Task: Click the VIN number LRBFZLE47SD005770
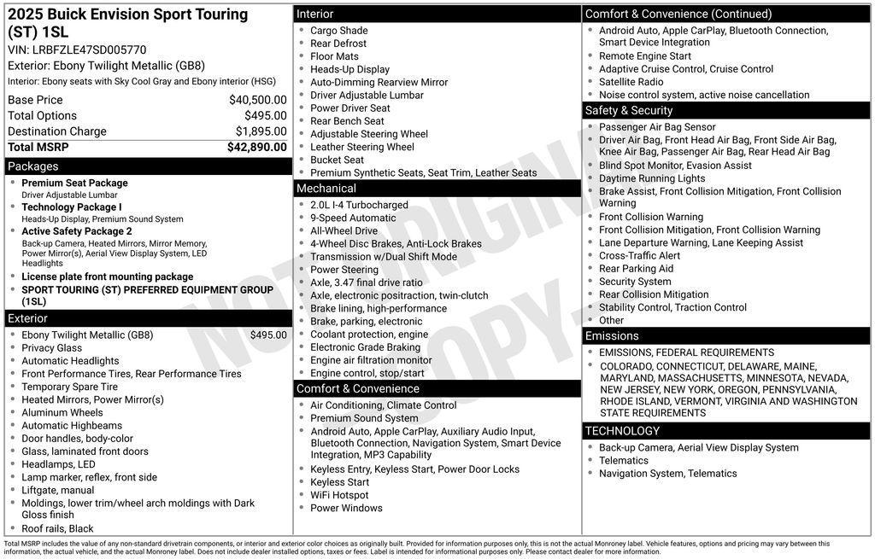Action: tap(89, 49)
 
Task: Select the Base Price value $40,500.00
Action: tap(257, 100)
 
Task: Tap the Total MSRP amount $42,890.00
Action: tap(256, 147)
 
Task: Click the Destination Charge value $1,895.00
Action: tap(261, 131)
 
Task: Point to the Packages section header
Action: tap(33, 166)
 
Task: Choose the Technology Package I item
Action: tap(72, 207)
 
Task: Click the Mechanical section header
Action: tap(326, 189)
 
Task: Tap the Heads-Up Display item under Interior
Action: tap(349, 69)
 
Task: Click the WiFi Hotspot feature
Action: tap(339, 495)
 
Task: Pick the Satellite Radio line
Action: tap(631, 82)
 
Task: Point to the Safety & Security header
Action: tap(629, 111)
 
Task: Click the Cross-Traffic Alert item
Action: tap(639, 255)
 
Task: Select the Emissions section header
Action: tap(612, 336)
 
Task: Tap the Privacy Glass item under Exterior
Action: tap(51, 348)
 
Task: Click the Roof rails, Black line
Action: tap(57, 528)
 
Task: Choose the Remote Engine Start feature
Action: tap(645, 56)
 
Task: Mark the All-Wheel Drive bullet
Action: tap(344, 230)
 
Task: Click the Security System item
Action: tap(635, 282)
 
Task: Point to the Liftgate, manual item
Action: tap(57, 490)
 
